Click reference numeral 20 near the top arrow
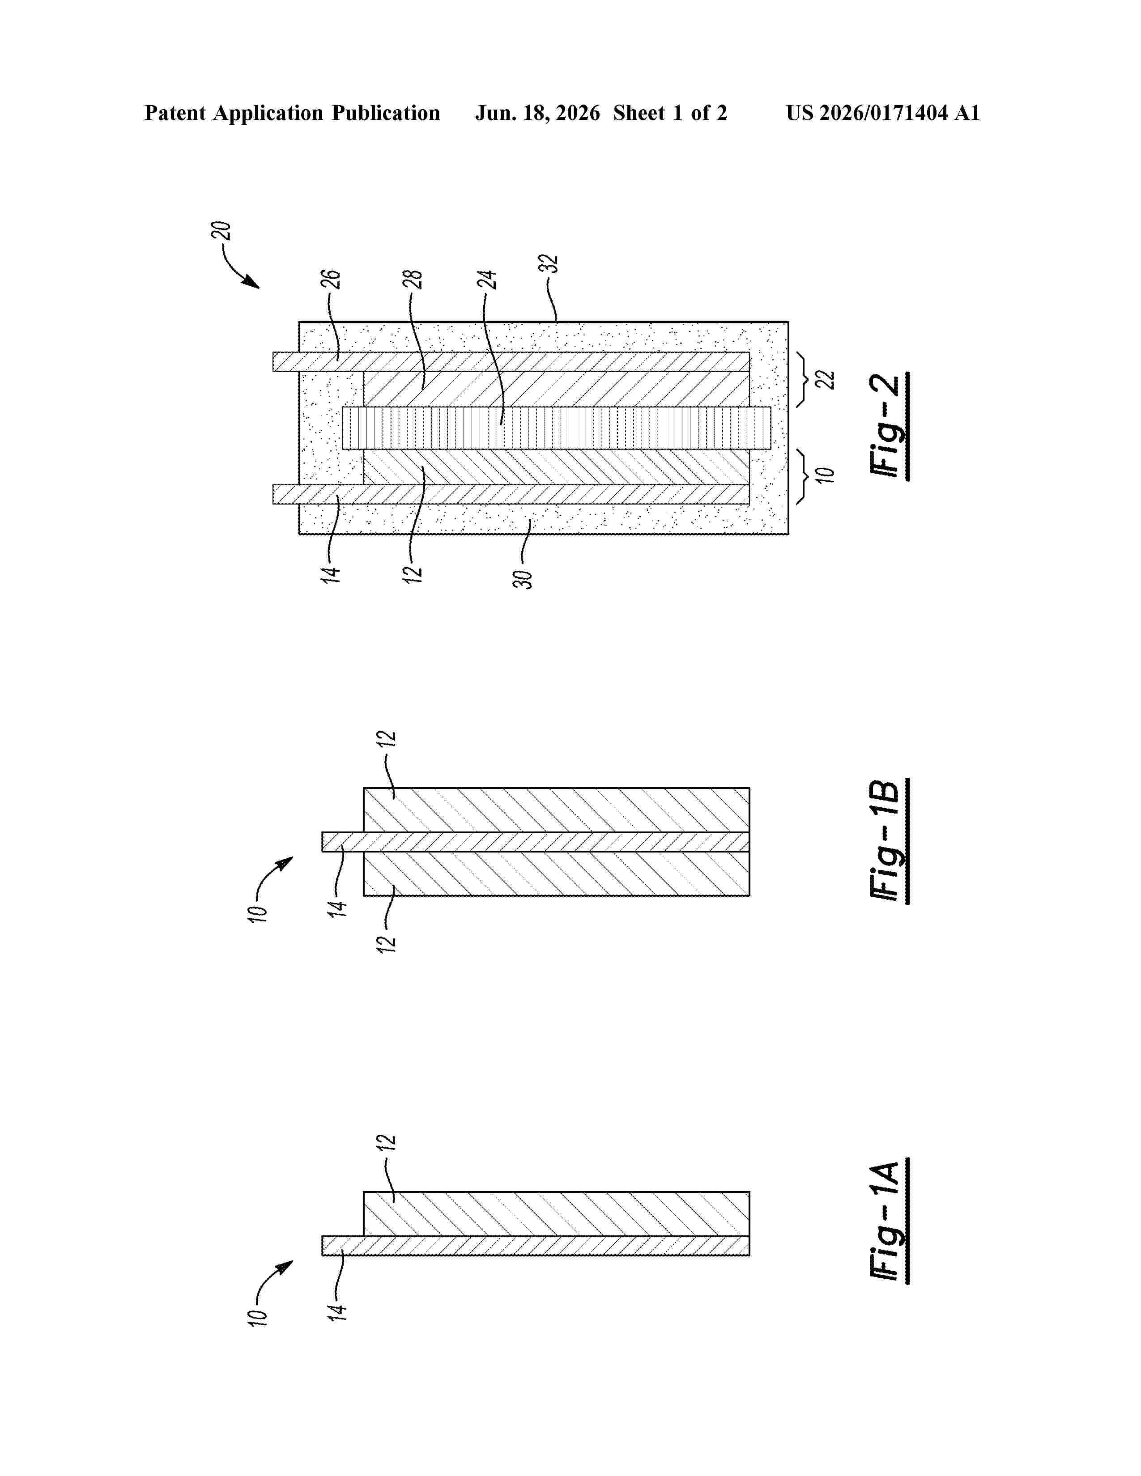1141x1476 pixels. (x=221, y=231)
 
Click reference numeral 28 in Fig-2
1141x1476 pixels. (x=413, y=279)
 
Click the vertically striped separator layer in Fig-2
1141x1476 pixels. (x=556, y=428)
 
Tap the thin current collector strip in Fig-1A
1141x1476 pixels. (x=535, y=1246)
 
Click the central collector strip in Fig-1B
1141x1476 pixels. (x=535, y=841)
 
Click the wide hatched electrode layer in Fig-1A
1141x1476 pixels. (x=556, y=1214)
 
